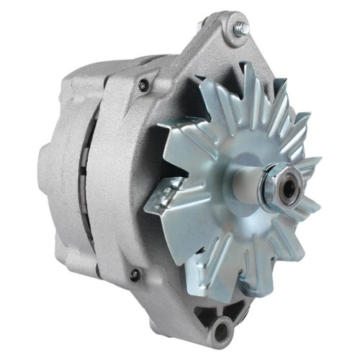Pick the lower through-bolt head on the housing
click(135, 274)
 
